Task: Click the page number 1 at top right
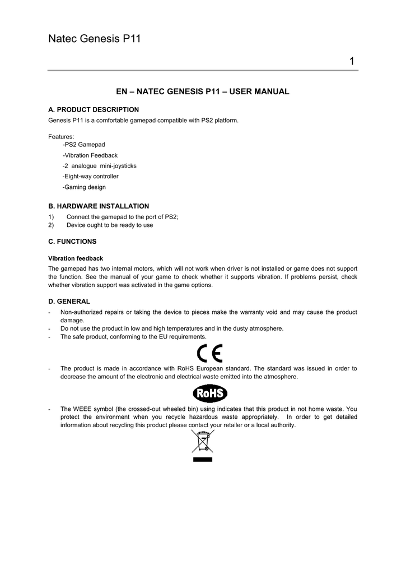point(352,61)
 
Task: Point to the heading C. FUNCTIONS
point(72,242)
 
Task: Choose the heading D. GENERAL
point(69,302)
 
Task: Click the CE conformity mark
point(210,354)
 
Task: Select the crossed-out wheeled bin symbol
point(202,442)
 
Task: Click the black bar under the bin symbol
point(202,459)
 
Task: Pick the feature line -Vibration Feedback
point(90,155)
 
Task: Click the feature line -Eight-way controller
point(91,177)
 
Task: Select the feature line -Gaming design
point(84,187)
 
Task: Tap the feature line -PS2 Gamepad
point(84,145)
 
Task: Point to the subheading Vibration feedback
point(76,258)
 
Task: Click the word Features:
point(61,136)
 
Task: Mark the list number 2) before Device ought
point(51,225)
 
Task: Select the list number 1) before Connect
point(51,217)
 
